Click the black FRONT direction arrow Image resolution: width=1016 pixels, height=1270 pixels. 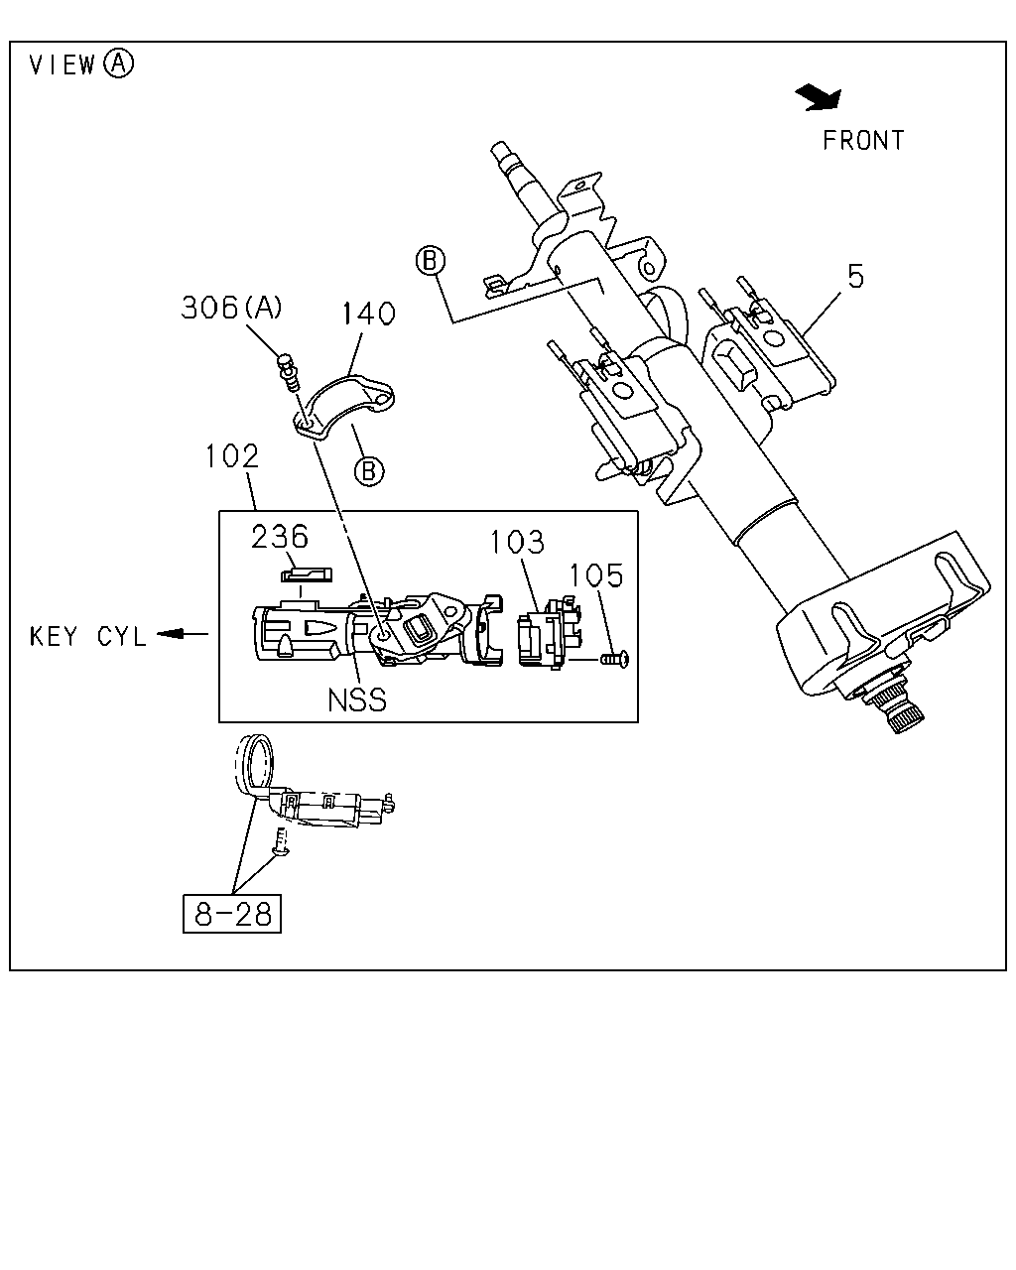coord(820,97)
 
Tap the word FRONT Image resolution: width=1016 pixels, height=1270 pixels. coord(863,141)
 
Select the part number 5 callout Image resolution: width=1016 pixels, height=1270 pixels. coord(855,276)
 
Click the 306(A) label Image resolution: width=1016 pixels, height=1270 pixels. coord(231,308)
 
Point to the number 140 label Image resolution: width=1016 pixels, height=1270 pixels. coord(369,314)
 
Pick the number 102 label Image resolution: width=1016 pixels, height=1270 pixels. coord(232,456)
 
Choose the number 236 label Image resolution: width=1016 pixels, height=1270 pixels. coord(280,537)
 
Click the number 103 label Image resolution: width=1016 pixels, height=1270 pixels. coord(517,542)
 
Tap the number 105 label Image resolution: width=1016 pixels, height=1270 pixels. coord(596,575)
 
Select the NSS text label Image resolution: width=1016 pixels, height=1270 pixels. coord(356,700)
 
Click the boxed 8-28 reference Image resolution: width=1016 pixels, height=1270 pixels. coord(232,914)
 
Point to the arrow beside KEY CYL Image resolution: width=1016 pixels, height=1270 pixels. coord(183,634)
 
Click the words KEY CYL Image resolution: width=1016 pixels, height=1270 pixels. coord(87,637)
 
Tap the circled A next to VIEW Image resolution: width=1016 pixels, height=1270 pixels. coord(119,63)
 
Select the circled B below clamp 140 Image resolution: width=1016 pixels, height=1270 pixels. coord(369,471)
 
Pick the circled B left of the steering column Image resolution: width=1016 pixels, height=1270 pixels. coord(431,260)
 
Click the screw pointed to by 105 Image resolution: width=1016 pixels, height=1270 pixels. coord(615,658)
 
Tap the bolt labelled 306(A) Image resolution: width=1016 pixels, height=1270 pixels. coord(288,371)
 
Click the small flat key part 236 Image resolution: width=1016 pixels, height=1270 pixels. coord(307,574)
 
